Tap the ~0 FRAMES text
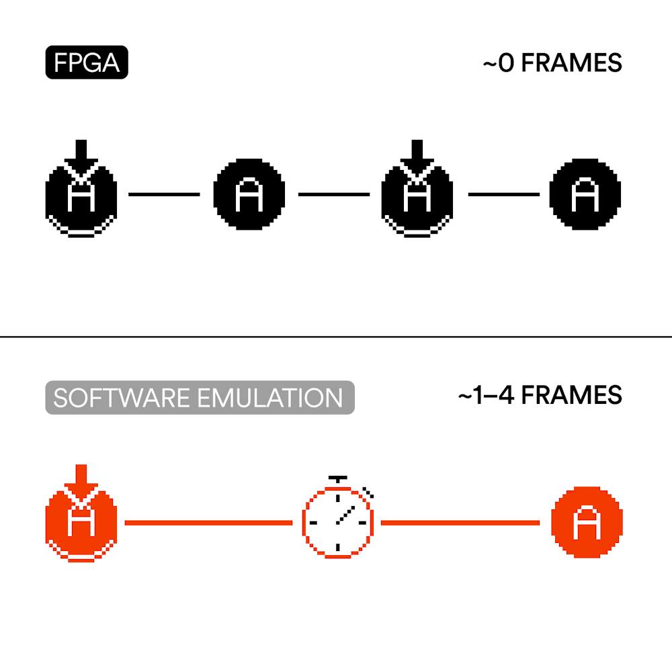tap(552, 63)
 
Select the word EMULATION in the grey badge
tap(271, 398)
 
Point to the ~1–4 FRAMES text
tap(540, 395)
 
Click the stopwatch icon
tap(337, 521)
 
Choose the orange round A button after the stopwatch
tap(586, 523)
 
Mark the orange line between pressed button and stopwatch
tap(208, 522)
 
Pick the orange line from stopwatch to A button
tap(460, 522)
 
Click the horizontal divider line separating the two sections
tap(336, 336)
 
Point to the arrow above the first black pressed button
tap(81, 153)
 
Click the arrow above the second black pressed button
tap(417, 153)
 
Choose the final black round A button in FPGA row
tap(585, 194)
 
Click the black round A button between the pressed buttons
tap(249, 194)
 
